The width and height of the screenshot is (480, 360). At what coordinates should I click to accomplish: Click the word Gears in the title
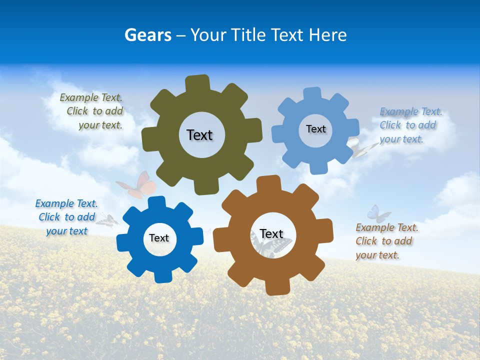tap(147, 35)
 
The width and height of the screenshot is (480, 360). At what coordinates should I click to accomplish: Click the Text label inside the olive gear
tap(199, 135)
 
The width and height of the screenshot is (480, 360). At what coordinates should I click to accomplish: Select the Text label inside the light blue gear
tap(315, 129)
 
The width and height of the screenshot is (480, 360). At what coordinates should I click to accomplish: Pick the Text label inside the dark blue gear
tap(159, 238)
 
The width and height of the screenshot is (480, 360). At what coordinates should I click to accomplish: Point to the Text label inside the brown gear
tap(271, 234)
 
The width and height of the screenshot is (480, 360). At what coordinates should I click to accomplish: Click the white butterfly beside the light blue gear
tap(363, 148)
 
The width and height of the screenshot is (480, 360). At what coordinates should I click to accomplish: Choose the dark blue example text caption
tap(66, 217)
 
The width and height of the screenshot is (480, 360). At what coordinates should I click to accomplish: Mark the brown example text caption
tap(386, 241)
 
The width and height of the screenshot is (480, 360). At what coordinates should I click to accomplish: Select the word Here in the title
tap(327, 35)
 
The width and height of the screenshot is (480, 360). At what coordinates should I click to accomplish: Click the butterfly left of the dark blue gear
tap(107, 220)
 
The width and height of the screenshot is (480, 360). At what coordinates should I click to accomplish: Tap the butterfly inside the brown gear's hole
tap(270, 245)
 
